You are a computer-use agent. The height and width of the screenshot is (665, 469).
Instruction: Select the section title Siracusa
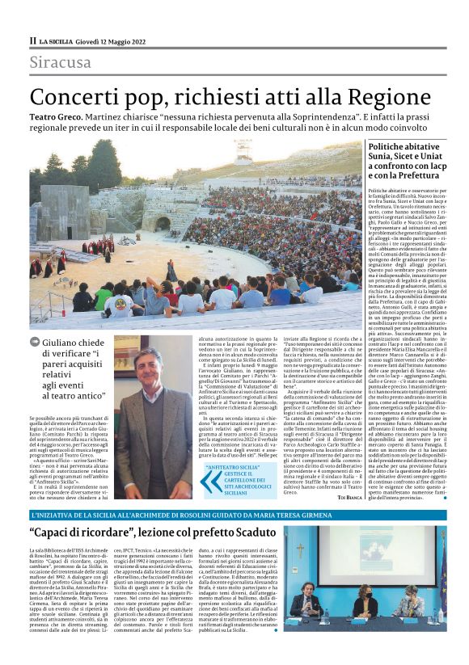[x=61, y=63]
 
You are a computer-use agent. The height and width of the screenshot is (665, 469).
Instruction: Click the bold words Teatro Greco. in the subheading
[x=60, y=118]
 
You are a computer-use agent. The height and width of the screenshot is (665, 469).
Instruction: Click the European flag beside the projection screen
[x=441, y=566]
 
